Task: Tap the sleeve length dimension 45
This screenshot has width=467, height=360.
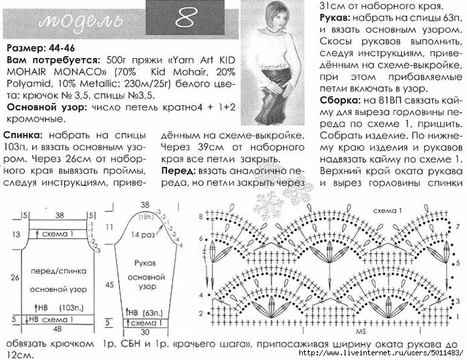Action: [x=109, y=284]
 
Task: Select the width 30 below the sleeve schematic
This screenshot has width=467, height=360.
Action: [x=144, y=331]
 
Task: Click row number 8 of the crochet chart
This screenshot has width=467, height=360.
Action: [x=199, y=217]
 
